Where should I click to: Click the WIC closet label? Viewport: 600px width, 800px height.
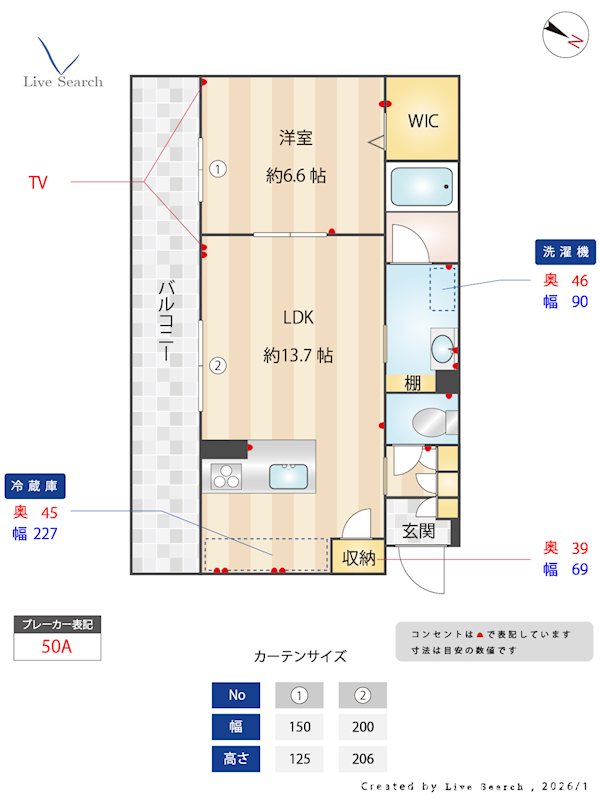click(422, 121)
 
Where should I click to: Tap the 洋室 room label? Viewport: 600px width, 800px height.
click(296, 138)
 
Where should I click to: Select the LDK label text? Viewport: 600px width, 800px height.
click(298, 317)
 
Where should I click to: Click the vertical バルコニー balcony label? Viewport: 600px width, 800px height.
click(165, 322)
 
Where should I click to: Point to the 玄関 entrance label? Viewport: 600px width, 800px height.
click(418, 531)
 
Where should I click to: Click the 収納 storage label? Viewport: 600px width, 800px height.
click(359, 557)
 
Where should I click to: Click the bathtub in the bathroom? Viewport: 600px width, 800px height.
click(422, 186)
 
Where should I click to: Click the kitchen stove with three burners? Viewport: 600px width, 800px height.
click(225, 476)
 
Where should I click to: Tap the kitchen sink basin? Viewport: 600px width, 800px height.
click(288, 476)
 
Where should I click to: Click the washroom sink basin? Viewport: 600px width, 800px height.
click(441, 349)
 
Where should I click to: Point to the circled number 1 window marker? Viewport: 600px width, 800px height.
click(218, 169)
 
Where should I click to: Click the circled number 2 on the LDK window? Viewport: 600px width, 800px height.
click(218, 365)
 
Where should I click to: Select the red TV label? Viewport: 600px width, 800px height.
click(38, 182)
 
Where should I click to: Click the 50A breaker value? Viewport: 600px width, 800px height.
click(57, 646)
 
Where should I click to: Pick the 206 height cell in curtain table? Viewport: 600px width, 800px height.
click(362, 759)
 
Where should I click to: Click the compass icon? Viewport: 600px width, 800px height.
click(562, 35)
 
